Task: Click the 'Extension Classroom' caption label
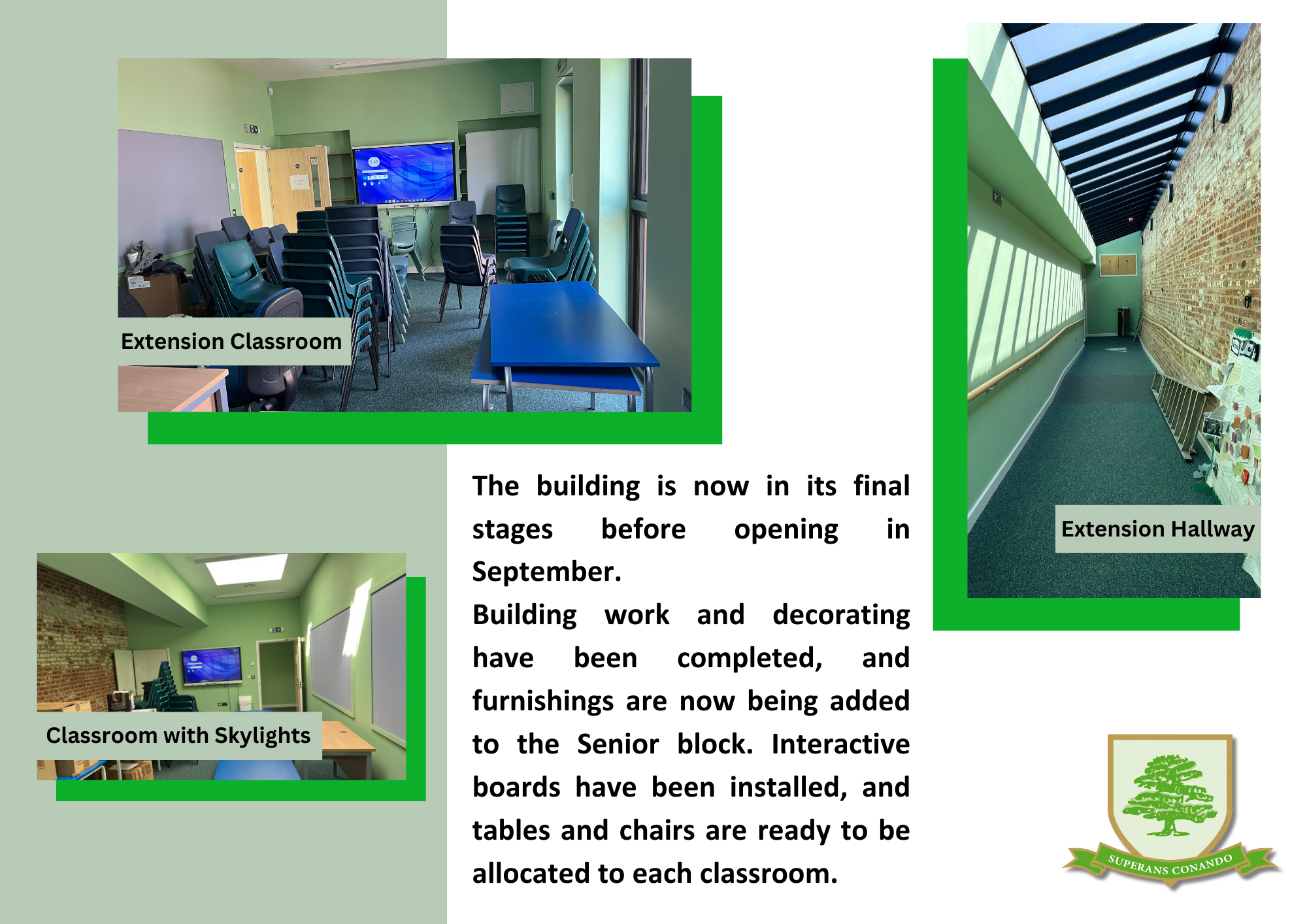pyautogui.click(x=231, y=341)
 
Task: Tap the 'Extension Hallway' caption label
pyautogui.click(x=1157, y=529)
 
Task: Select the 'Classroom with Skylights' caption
pyautogui.click(x=178, y=736)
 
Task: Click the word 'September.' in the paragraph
pyautogui.click(x=547, y=572)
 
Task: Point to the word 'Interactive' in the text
pyautogui.click(x=840, y=744)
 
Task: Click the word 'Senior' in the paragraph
pyautogui.click(x=618, y=744)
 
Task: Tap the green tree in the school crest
pyautogui.click(x=1170, y=795)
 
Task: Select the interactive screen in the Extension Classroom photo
pyautogui.click(x=405, y=173)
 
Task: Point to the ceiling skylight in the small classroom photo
pyautogui.click(x=248, y=569)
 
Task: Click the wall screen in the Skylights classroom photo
pyautogui.click(x=211, y=666)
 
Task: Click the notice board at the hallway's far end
pyautogui.click(x=1118, y=265)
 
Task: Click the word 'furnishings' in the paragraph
pyautogui.click(x=543, y=702)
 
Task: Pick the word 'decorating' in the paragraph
pyautogui.click(x=841, y=616)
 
